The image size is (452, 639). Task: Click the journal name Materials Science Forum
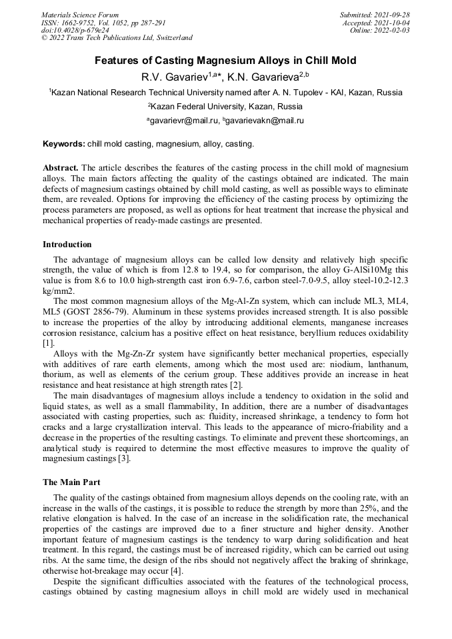click(x=80, y=15)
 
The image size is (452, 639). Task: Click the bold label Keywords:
click(x=64, y=144)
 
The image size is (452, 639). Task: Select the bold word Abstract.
click(x=61, y=167)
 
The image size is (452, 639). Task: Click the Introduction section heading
click(x=67, y=245)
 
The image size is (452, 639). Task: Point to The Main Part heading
click(x=71, y=482)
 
